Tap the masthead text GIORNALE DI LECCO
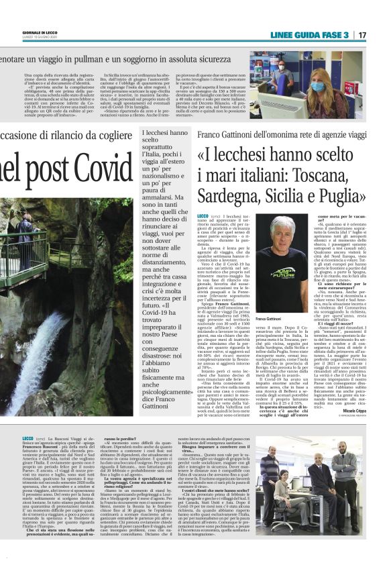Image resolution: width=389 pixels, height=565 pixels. tap(25, 32)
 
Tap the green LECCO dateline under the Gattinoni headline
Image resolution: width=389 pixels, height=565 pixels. tap(202, 215)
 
